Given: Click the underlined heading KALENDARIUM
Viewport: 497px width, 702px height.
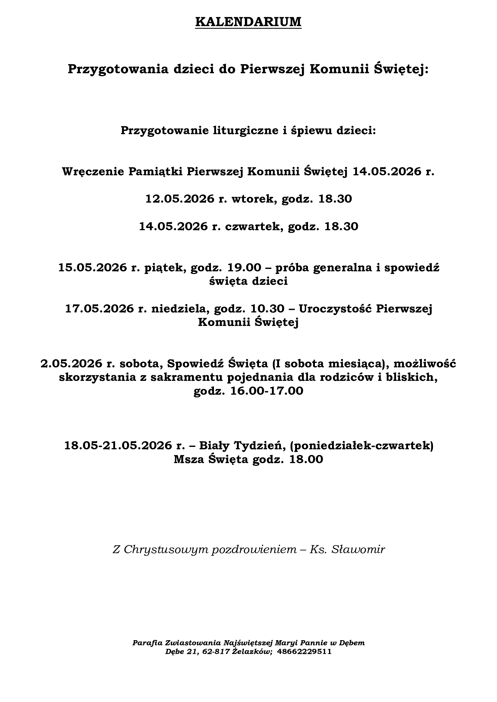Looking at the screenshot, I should tap(248, 22).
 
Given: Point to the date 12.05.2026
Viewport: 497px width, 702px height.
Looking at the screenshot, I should tap(180, 199).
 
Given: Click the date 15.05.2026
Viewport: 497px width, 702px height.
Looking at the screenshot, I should tap(93, 267).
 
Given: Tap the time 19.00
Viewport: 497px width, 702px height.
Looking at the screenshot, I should tap(244, 267).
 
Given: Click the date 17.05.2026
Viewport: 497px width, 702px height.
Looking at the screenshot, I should tap(99, 309).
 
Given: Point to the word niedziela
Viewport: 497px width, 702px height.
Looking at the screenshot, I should tap(180, 309).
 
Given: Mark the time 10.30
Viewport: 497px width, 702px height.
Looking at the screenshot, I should tap(267, 309).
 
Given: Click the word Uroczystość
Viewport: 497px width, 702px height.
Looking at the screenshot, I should tap(335, 309).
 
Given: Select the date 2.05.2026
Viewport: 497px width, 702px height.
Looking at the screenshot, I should tap(71, 364).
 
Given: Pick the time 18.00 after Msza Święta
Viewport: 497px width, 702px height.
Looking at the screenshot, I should tap(306, 459).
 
